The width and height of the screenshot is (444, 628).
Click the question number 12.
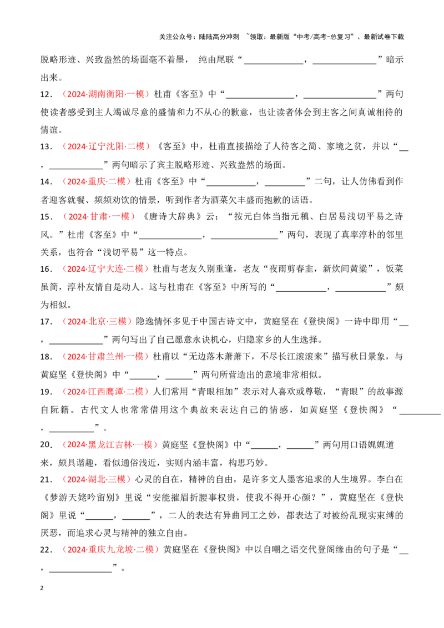[46, 94]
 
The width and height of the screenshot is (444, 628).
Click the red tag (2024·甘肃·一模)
[97, 217]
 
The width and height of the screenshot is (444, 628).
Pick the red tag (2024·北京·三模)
[97, 321]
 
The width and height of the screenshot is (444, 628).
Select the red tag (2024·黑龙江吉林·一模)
[110, 444]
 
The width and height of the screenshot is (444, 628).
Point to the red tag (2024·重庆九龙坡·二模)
[110, 549]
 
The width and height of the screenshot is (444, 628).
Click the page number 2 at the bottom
[42, 589]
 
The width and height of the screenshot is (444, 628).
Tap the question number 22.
[46, 550]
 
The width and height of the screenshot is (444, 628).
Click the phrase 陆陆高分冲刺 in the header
[219, 37]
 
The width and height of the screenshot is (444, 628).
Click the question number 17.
[46, 322]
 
